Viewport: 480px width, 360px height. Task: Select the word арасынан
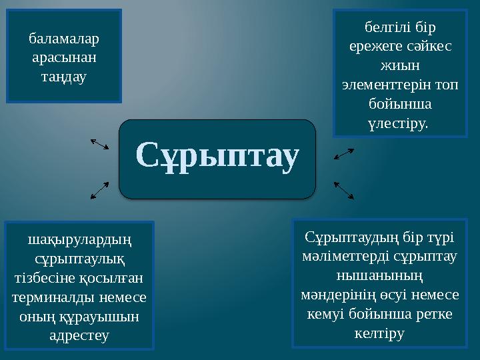coord(64,57)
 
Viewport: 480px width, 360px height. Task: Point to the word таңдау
coord(64,77)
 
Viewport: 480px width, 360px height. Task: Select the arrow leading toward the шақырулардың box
coord(99,191)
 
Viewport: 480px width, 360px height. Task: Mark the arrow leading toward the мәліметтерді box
coord(344,191)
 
